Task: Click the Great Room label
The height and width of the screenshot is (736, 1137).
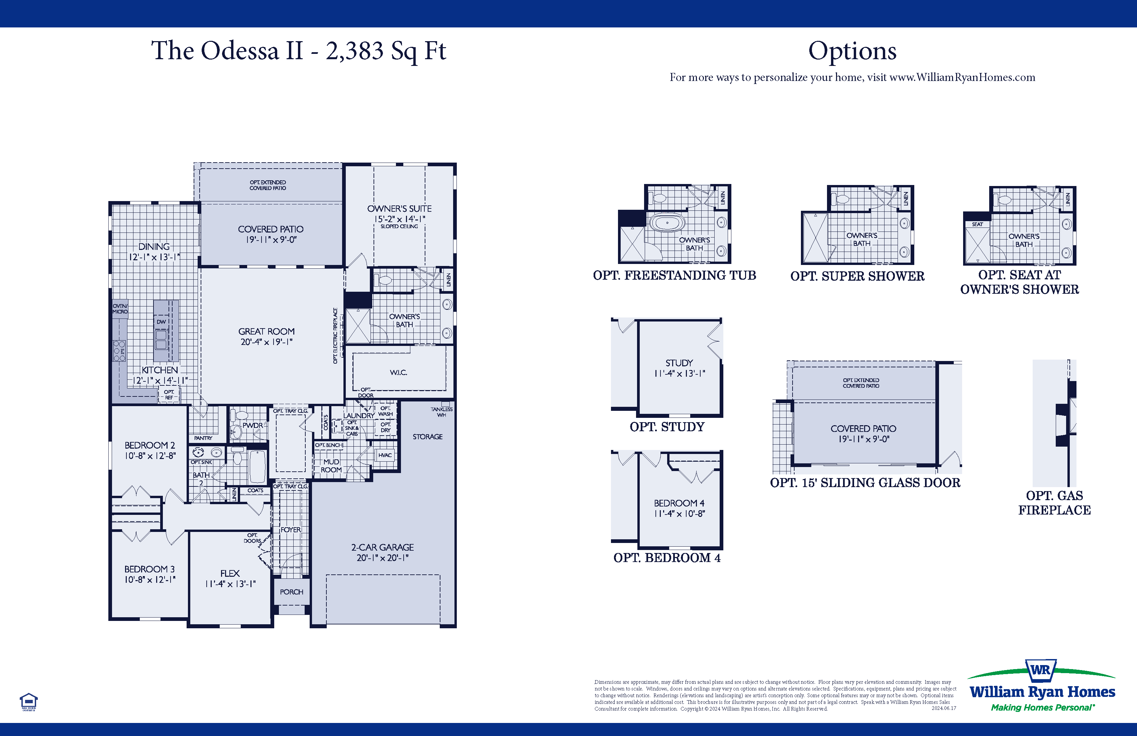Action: [266, 331]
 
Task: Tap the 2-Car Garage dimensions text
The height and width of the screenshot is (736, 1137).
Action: [382, 558]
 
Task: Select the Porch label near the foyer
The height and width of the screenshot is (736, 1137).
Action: [291, 592]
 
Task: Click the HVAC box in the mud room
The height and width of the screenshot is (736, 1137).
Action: [385, 455]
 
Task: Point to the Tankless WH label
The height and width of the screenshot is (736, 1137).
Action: [441, 412]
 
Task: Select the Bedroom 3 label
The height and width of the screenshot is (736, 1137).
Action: [149, 569]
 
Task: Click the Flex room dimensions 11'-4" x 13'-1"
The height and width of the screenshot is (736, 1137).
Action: [230, 583]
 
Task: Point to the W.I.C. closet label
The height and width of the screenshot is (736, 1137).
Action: [398, 372]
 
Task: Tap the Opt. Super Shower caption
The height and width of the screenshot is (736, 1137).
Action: [857, 276]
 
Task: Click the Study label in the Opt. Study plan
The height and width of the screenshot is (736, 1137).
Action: [679, 363]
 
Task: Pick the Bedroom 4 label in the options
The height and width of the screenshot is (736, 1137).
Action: [679, 503]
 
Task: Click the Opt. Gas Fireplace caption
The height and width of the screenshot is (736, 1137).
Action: [1054, 503]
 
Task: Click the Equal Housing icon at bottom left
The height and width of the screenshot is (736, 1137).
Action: [29, 701]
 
